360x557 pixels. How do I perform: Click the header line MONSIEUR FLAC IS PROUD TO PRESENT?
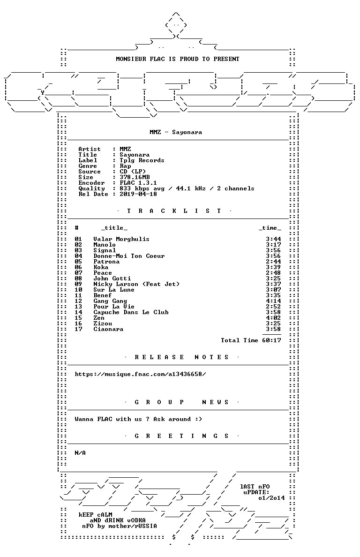click(x=178, y=59)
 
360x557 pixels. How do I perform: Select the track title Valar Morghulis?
click(x=121, y=239)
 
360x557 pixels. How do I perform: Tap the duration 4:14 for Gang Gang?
click(x=273, y=301)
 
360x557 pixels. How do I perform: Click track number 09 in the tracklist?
click(x=78, y=284)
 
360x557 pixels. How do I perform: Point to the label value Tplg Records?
click(x=142, y=160)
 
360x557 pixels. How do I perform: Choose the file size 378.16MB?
click(x=135, y=177)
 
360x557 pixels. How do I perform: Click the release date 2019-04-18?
click(x=138, y=194)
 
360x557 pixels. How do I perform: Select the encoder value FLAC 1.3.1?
click(x=138, y=183)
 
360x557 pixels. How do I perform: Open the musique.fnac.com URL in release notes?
click(x=140, y=374)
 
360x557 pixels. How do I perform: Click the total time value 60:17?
click(x=271, y=340)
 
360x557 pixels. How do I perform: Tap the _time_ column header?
click(x=270, y=228)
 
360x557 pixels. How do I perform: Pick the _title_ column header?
click(x=114, y=228)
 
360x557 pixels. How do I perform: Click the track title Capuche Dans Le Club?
click(x=131, y=312)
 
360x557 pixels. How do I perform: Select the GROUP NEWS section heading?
click(x=181, y=402)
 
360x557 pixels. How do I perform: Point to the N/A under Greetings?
click(x=80, y=453)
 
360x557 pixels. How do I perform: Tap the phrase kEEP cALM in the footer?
click(x=95, y=515)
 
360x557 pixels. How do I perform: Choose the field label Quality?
click(x=91, y=188)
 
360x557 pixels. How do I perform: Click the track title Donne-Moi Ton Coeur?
click(x=129, y=256)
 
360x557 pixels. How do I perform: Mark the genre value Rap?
click(x=125, y=166)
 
